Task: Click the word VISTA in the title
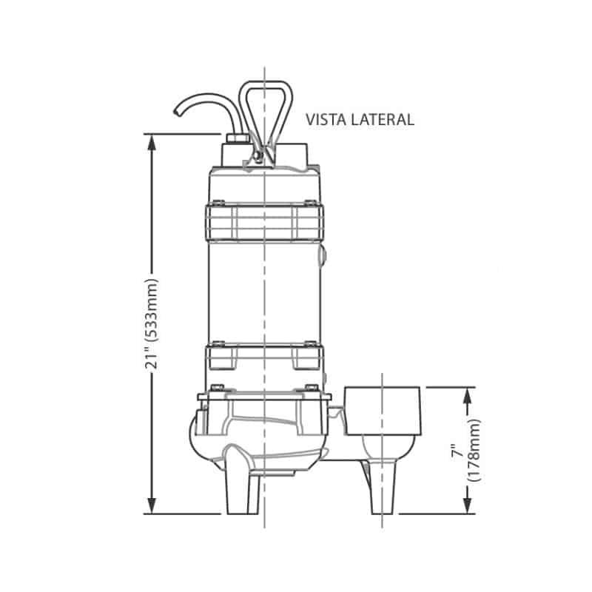click(x=326, y=120)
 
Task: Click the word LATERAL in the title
click(x=383, y=120)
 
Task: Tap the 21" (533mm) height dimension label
click(x=152, y=325)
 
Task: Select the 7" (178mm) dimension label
click(x=467, y=450)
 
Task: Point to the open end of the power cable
click(x=177, y=112)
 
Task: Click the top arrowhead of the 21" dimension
click(x=152, y=143)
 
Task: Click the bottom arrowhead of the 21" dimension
click(x=152, y=505)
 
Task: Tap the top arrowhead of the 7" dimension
click(x=468, y=396)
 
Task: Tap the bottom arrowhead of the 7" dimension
click(x=468, y=505)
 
